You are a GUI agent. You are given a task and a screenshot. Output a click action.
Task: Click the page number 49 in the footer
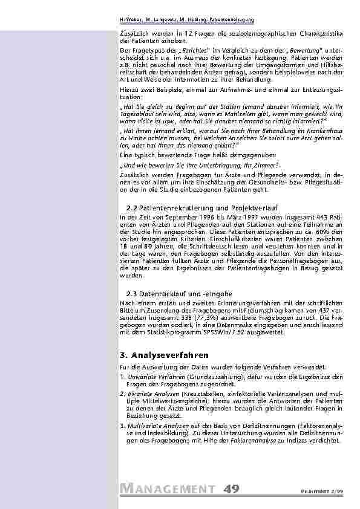231,488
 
